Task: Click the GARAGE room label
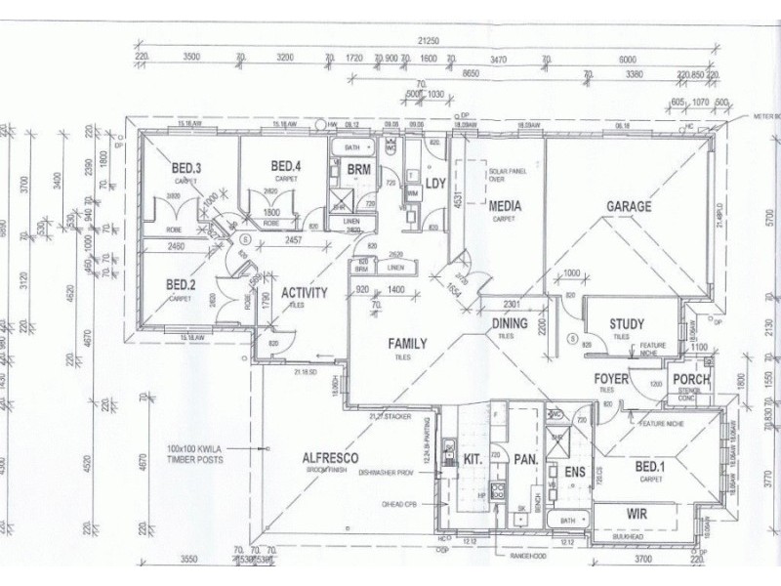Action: tap(629, 207)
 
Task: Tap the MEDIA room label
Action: tap(505, 206)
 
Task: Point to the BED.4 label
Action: tap(286, 165)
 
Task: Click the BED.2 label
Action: tap(182, 285)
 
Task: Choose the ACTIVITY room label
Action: tap(304, 292)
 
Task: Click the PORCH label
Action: tap(692, 380)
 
